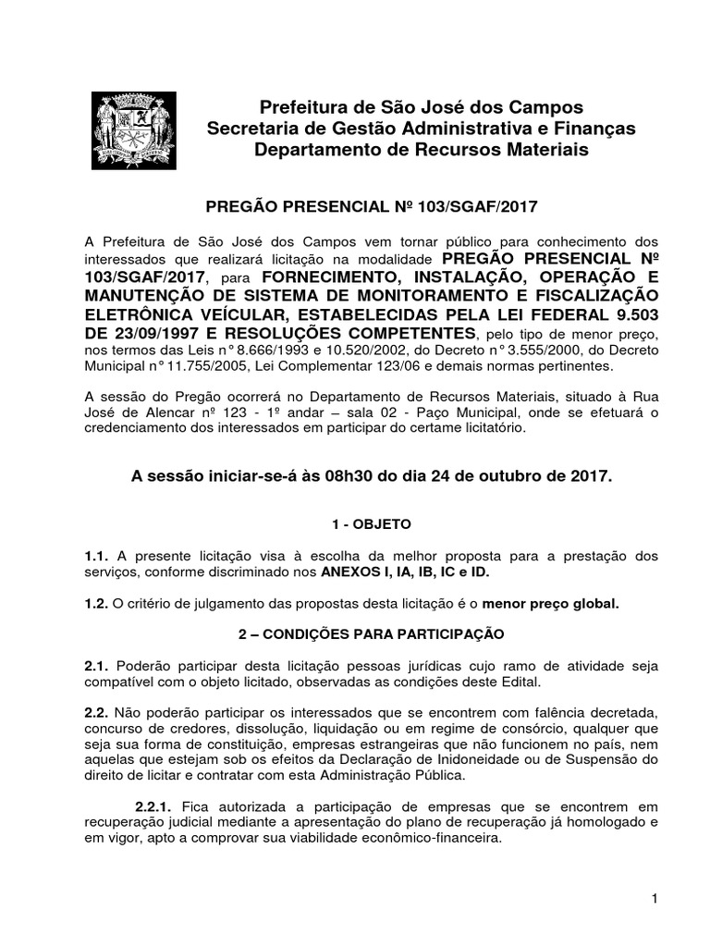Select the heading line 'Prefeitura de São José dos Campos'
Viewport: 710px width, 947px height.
coord(422,109)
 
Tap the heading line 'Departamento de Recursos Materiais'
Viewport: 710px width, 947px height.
coord(422,149)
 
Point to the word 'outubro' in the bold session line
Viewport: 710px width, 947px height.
coord(487,476)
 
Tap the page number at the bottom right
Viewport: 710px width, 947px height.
coord(652,899)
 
